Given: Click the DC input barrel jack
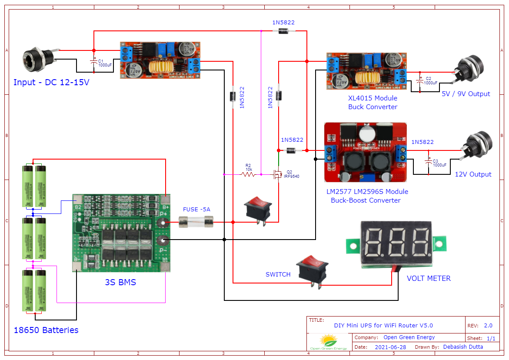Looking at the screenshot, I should [38, 58].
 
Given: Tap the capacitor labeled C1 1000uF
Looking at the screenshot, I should [93, 63].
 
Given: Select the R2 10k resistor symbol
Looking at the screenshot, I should [248, 174].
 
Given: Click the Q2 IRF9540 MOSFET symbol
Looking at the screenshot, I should [277, 174].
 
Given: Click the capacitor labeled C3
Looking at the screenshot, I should [428, 162].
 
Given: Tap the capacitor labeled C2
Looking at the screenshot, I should [419, 80].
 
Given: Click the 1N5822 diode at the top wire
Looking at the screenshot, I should [284, 31].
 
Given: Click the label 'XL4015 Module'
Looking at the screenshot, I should [373, 98].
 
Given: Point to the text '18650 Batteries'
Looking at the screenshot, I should [46, 330].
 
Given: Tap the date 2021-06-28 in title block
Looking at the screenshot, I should [390, 347].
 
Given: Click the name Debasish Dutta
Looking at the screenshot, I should [463, 347].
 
